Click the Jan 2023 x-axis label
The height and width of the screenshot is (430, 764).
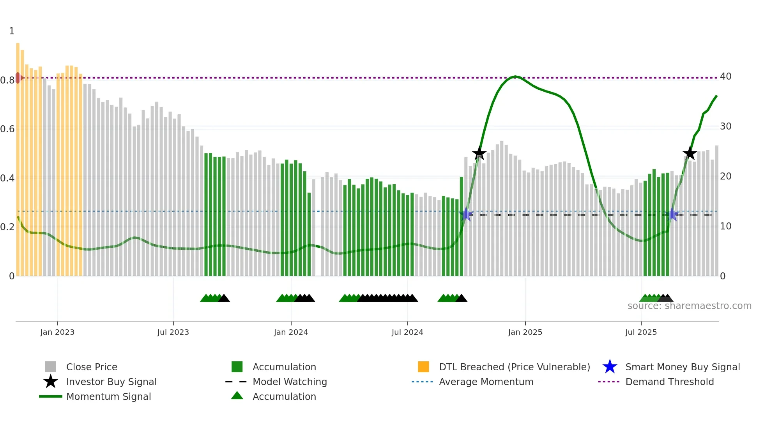click(x=57, y=332)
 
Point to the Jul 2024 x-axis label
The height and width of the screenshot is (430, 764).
click(x=407, y=332)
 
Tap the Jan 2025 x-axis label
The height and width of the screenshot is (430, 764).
click(x=525, y=332)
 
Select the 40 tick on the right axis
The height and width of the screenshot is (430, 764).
click(x=725, y=76)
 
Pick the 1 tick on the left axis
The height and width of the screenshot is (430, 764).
click(x=12, y=31)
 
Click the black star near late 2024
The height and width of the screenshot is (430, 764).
click(x=479, y=153)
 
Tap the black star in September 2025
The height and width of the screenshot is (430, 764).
click(x=690, y=153)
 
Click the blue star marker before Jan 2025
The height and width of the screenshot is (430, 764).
click(x=466, y=214)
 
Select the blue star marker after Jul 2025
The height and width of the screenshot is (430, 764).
click(x=672, y=215)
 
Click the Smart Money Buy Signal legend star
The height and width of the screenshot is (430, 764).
click(x=610, y=367)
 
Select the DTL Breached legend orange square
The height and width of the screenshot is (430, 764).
click(x=423, y=367)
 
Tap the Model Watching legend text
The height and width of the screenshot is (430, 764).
click(x=290, y=382)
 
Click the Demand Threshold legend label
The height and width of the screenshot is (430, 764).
click(x=669, y=382)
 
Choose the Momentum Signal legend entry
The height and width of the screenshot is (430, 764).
click(x=108, y=396)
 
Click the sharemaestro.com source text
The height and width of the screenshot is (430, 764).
click(x=689, y=306)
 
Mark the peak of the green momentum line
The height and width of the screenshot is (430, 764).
click(x=515, y=76)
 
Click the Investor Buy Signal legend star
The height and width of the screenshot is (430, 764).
click(x=51, y=382)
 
